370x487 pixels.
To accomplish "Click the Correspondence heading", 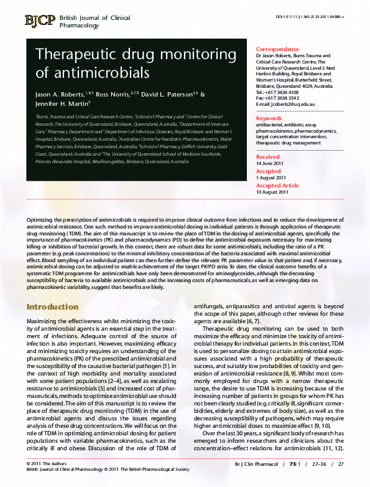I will [x=281, y=49].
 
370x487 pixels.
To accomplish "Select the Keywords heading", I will [x=269, y=118].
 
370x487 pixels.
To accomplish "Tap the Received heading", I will [x=268, y=157].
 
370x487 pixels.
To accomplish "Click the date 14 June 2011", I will [x=269, y=163].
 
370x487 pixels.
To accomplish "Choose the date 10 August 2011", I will [x=272, y=192].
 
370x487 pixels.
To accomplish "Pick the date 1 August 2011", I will [x=272, y=177].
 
